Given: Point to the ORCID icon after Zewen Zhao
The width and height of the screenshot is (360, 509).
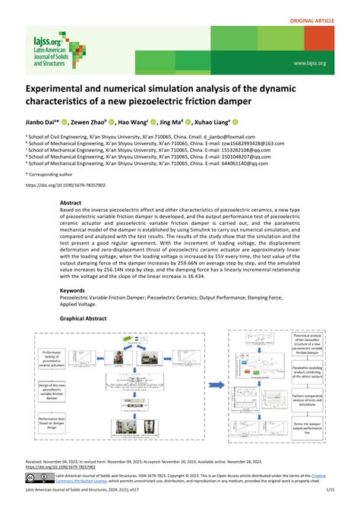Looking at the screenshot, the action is click(x=111, y=121).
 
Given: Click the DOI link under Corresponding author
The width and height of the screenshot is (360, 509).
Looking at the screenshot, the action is click(x=65, y=185).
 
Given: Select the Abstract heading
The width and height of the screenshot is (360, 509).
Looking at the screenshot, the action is click(x=71, y=204).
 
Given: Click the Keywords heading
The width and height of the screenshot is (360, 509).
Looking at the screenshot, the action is click(x=73, y=290).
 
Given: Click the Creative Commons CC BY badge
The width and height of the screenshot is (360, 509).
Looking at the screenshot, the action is click(x=38, y=478).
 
